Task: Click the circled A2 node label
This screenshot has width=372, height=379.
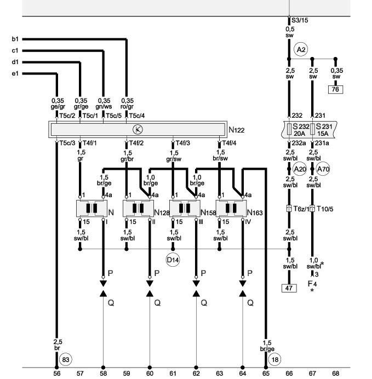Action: (x=300, y=50)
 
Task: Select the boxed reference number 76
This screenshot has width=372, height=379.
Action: (x=335, y=89)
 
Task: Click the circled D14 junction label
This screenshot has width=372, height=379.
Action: (x=173, y=259)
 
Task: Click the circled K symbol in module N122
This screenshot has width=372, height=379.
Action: (x=138, y=130)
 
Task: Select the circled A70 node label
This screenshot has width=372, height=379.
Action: (x=324, y=170)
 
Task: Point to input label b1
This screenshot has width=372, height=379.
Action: (x=15, y=39)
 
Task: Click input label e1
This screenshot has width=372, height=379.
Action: (x=15, y=73)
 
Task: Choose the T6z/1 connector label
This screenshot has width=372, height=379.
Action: (x=300, y=209)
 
